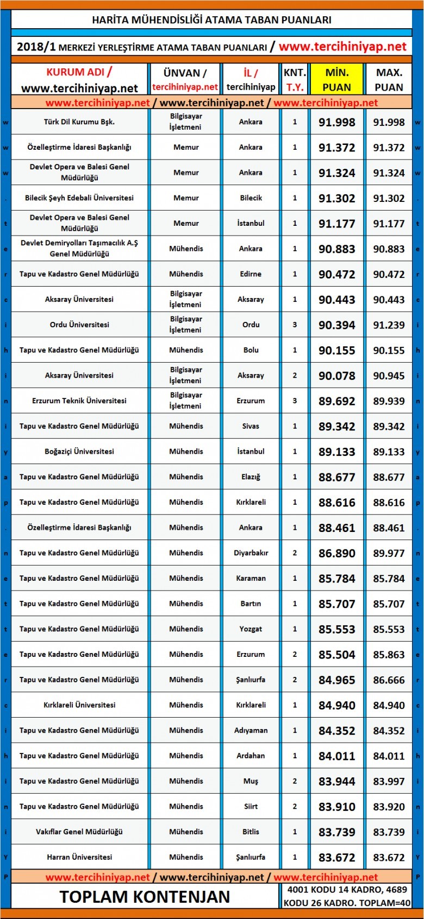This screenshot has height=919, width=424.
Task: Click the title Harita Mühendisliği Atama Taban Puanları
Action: [211, 20]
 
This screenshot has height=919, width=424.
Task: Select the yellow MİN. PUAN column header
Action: [336, 80]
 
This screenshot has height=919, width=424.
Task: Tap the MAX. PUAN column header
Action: [389, 80]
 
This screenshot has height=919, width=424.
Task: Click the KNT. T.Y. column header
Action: [295, 80]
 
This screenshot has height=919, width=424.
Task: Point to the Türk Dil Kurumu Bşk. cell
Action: [79, 122]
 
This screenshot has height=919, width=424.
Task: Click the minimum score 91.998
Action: [336, 123]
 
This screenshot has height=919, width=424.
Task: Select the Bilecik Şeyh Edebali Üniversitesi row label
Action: [79, 198]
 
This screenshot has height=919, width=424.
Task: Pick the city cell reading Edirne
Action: [251, 274]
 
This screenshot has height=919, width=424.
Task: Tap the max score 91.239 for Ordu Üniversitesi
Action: [389, 325]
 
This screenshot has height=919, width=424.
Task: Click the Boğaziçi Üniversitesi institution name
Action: [79, 452]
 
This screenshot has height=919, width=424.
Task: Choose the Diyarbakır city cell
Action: [251, 553]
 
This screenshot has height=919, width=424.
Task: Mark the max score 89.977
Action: [389, 553]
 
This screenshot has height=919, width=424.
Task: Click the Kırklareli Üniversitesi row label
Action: [79, 705]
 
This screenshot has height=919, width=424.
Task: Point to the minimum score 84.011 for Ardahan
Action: [336, 756]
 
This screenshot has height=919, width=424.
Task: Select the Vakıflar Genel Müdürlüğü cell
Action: [79, 832]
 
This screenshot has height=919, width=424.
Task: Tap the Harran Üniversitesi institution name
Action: [79, 857]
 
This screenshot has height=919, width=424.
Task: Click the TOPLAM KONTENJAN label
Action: [145, 896]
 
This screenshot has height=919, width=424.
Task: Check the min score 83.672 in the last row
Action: [336, 858]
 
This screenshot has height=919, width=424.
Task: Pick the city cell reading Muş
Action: [251, 781]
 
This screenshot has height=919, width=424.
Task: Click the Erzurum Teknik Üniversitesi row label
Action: [79, 401]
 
